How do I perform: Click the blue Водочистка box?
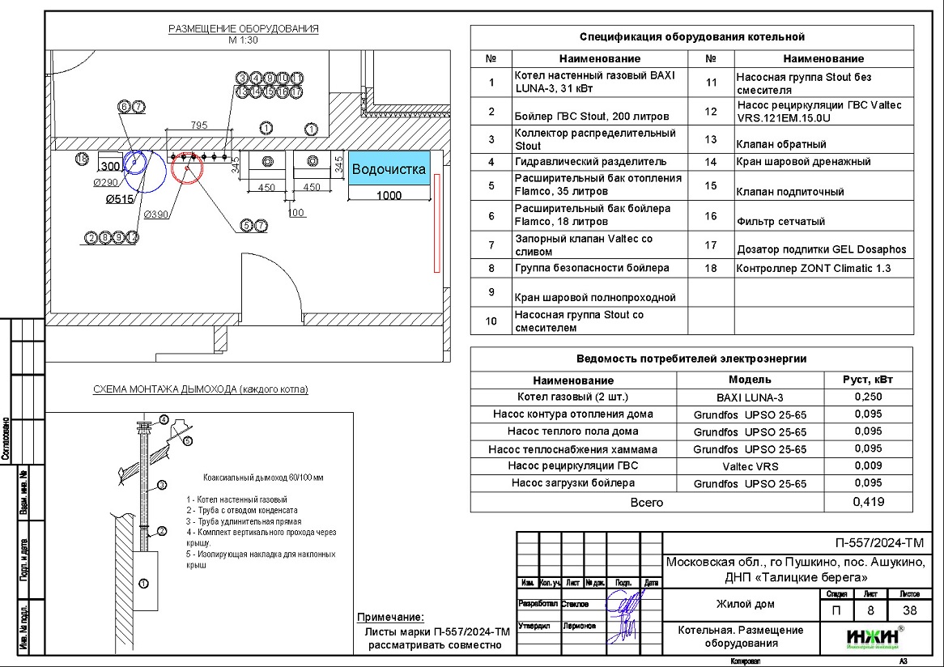tap(389, 170)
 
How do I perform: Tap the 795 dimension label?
tap(199, 125)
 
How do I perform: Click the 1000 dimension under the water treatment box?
tap(389, 195)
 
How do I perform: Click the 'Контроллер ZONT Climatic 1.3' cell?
tap(813, 268)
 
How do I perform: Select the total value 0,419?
tap(869, 502)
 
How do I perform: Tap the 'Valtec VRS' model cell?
tap(750, 466)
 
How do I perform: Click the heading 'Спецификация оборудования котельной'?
tap(691, 37)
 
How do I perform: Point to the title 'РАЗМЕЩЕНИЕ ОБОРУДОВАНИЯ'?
tap(243, 29)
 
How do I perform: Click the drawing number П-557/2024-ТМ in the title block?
tap(878, 543)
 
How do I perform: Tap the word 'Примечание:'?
tap(390, 617)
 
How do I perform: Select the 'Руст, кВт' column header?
tap(868, 380)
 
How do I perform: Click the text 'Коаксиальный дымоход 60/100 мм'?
tap(254, 478)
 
